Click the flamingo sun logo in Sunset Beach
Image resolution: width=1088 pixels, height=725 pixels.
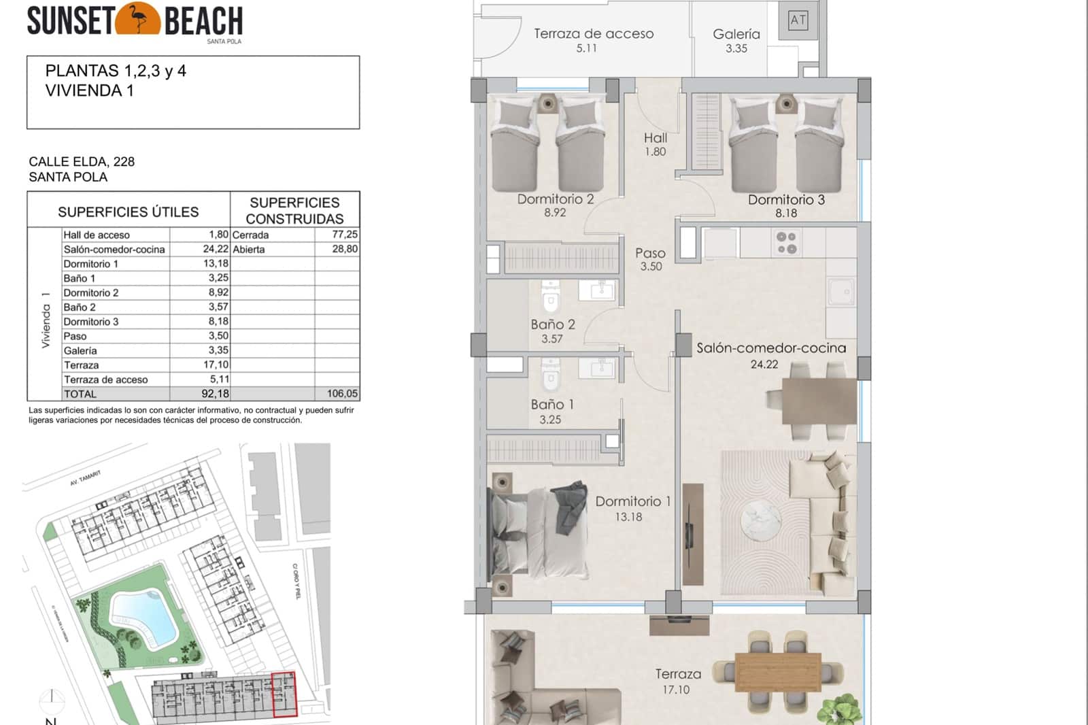pos(138,19)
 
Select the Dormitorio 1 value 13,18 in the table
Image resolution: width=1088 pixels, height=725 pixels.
pos(216,264)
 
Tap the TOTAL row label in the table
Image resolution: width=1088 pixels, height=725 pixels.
pos(80,394)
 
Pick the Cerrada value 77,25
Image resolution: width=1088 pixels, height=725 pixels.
pos(344,235)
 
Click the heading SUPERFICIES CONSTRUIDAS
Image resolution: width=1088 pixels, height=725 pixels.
pos(294,211)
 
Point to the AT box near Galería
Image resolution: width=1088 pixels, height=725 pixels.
pos(798,20)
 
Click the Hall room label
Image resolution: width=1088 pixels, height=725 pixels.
pos(656,138)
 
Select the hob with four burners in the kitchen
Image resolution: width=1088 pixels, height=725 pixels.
pos(787,243)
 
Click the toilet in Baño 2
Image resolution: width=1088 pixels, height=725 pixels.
pos(550,297)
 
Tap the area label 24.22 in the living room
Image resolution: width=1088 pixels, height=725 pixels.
pos(764,365)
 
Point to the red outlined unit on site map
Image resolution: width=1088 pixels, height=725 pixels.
pos(284,694)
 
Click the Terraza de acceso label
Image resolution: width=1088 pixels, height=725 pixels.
pos(593,34)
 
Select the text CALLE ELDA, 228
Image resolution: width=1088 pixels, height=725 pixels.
pos(82,162)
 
